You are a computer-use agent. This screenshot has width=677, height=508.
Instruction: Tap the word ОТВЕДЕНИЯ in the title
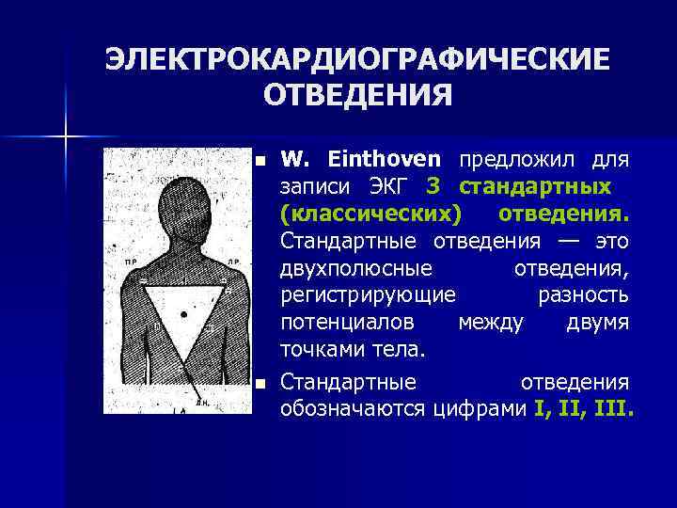pos(356,96)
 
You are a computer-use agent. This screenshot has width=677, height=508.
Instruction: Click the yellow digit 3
pos(434,186)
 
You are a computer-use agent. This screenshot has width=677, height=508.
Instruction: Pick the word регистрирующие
pos(368,295)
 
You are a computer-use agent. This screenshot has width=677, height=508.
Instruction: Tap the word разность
pos(583,295)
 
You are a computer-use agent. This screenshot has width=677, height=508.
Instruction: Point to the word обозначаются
pos(355,410)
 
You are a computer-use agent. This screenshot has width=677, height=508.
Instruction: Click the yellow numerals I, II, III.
pos(584,410)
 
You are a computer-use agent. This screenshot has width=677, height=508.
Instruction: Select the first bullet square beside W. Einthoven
pos(261,160)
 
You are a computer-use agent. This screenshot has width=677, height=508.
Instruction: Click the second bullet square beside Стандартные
pos(261,384)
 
